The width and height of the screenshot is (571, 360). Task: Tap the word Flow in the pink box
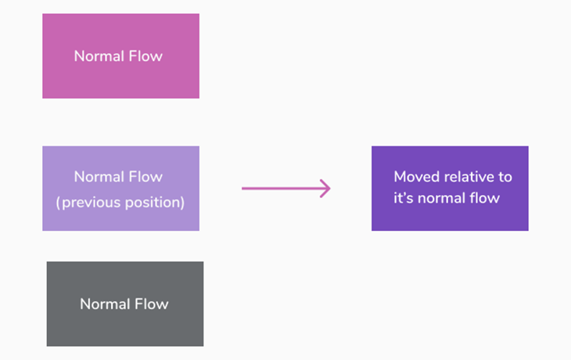coord(146,56)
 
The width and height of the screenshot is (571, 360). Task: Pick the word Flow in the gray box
coord(152,304)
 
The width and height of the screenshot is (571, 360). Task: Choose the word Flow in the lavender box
coord(146,177)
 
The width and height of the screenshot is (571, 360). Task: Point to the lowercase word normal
coord(443,198)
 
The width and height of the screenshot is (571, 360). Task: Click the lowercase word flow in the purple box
coord(486,198)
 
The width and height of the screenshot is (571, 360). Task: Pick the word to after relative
coord(505,177)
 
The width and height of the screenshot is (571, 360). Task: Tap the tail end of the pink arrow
coord(244,189)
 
